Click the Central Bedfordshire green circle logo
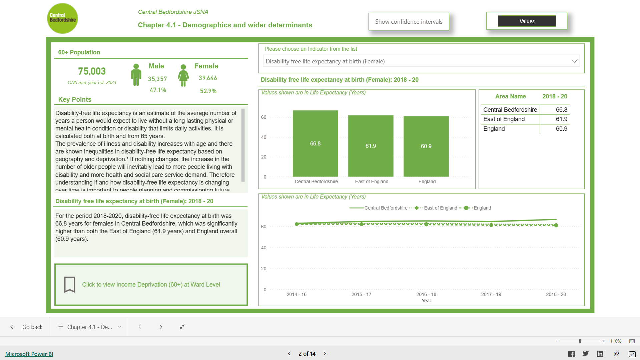[x=62, y=18]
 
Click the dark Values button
[x=527, y=21]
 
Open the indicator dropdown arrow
[x=574, y=61]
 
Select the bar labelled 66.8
[x=315, y=143]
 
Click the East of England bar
[x=371, y=146]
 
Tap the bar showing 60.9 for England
[x=426, y=146]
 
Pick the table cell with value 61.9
[x=561, y=119]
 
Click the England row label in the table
[x=494, y=129]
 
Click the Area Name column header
[x=510, y=96]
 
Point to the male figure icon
[x=136, y=75]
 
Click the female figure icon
[x=183, y=75]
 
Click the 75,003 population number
[x=92, y=71]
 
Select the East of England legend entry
[x=440, y=208]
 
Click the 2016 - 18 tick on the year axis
[x=426, y=294]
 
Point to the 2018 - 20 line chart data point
[x=556, y=225]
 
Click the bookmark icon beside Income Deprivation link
[x=69, y=285]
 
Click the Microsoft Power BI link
[x=29, y=354]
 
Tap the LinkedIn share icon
[x=600, y=354]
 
